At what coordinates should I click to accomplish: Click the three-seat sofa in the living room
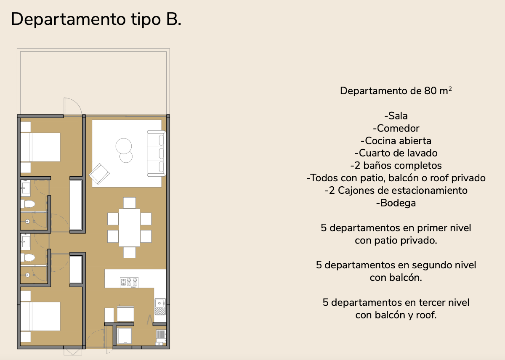[156, 154]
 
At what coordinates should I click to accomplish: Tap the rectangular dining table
[130, 228]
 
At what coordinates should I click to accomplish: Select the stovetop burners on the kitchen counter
[129, 282]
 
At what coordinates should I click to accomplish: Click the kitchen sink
[160, 307]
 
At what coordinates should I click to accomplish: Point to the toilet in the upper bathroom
[28, 204]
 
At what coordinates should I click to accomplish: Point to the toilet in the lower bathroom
[28, 257]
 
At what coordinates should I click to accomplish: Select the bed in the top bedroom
[40, 147]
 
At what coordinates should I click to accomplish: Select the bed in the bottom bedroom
[40, 316]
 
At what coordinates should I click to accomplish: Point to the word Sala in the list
[398, 116]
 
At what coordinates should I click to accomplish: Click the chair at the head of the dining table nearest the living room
[130, 203]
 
